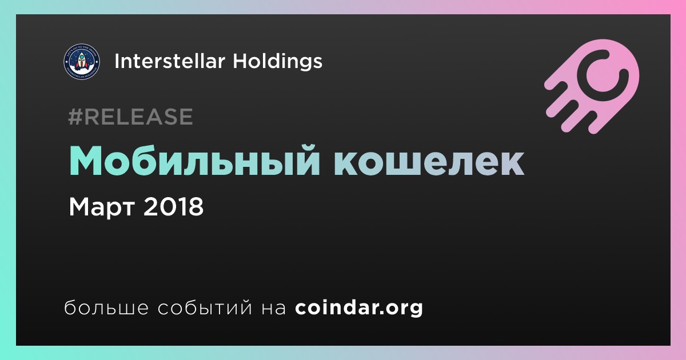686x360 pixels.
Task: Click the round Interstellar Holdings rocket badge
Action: [82, 61]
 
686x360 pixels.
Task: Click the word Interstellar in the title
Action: [170, 61]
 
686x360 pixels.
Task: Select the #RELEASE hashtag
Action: [130, 117]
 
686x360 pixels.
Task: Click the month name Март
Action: [102, 207]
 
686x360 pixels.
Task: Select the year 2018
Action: [173, 207]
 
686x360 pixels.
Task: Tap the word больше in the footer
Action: [106, 307]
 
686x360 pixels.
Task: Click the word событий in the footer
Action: [205, 308]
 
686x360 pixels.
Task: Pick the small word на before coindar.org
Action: [273, 308]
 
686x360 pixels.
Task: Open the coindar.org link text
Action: [359, 308]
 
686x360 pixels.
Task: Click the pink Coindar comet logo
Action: [592, 86]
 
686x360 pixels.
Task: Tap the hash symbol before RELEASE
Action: [75, 117]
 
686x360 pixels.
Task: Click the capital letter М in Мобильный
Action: [85, 161]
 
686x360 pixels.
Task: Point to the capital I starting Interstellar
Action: [116, 61]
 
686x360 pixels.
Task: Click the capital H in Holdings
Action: [240, 61]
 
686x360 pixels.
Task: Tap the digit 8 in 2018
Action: [196, 207]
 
